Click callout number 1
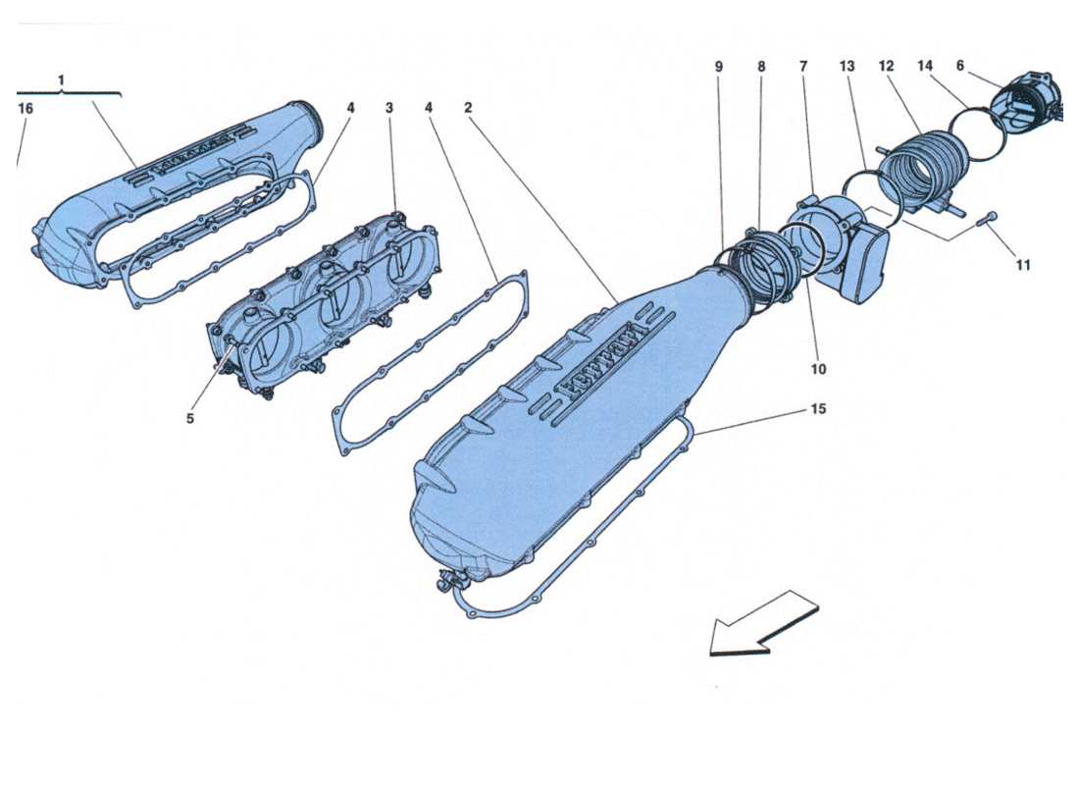click(x=61, y=78)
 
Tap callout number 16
click(x=26, y=108)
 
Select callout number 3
click(x=389, y=108)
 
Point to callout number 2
click(x=468, y=108)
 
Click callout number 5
click(x=190, y=418)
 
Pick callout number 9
click(x=718, y=67)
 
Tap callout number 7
click(x=803, y=67)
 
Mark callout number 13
click(x=848, y=67)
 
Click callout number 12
click(x=886, y=67)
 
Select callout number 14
click(x=924, y=67)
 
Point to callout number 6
click(x=960, y=66)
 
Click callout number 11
click(x=1023, y=264)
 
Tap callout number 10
click(x=818, y=369)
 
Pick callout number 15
click(x=817, y=408)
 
